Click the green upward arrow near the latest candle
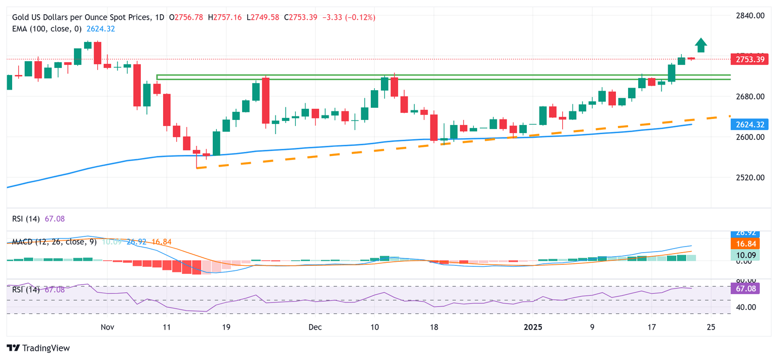(x=701, y=45)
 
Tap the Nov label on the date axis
(x=107, y=327)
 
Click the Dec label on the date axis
(x=315, y=327)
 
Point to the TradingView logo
(x=38, y=348)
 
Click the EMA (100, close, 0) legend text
(x=43, y=29)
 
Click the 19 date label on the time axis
(x=226, y=327)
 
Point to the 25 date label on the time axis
(x=711, y=327)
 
